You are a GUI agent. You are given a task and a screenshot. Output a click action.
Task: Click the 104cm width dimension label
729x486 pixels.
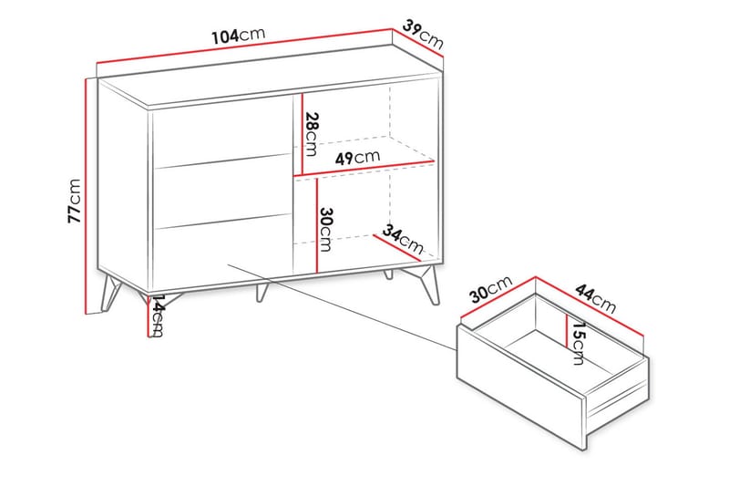[239, 35]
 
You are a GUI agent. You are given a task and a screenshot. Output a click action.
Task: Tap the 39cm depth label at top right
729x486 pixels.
[423, 34]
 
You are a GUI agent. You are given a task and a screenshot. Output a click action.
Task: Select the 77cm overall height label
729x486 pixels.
[75, 201]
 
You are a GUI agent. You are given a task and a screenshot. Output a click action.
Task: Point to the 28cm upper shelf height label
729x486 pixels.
[312, 134]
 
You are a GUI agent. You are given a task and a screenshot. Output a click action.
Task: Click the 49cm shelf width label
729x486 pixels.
[357, 158]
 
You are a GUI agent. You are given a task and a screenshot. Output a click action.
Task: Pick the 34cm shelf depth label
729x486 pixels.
[403, 240]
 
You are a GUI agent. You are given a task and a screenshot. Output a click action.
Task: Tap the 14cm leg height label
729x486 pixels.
[158, 315]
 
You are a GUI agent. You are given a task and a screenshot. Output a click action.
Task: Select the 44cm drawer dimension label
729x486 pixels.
[596, 298]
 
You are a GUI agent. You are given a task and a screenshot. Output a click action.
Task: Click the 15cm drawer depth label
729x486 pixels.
[578, 343]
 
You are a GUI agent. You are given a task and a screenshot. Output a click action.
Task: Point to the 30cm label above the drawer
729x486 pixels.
[491, 289]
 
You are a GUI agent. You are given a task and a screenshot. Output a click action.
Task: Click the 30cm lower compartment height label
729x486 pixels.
[326, 229]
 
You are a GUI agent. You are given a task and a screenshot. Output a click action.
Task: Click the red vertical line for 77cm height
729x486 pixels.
[86, 196]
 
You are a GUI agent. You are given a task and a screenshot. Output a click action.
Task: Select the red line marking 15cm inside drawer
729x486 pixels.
[567, 331]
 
